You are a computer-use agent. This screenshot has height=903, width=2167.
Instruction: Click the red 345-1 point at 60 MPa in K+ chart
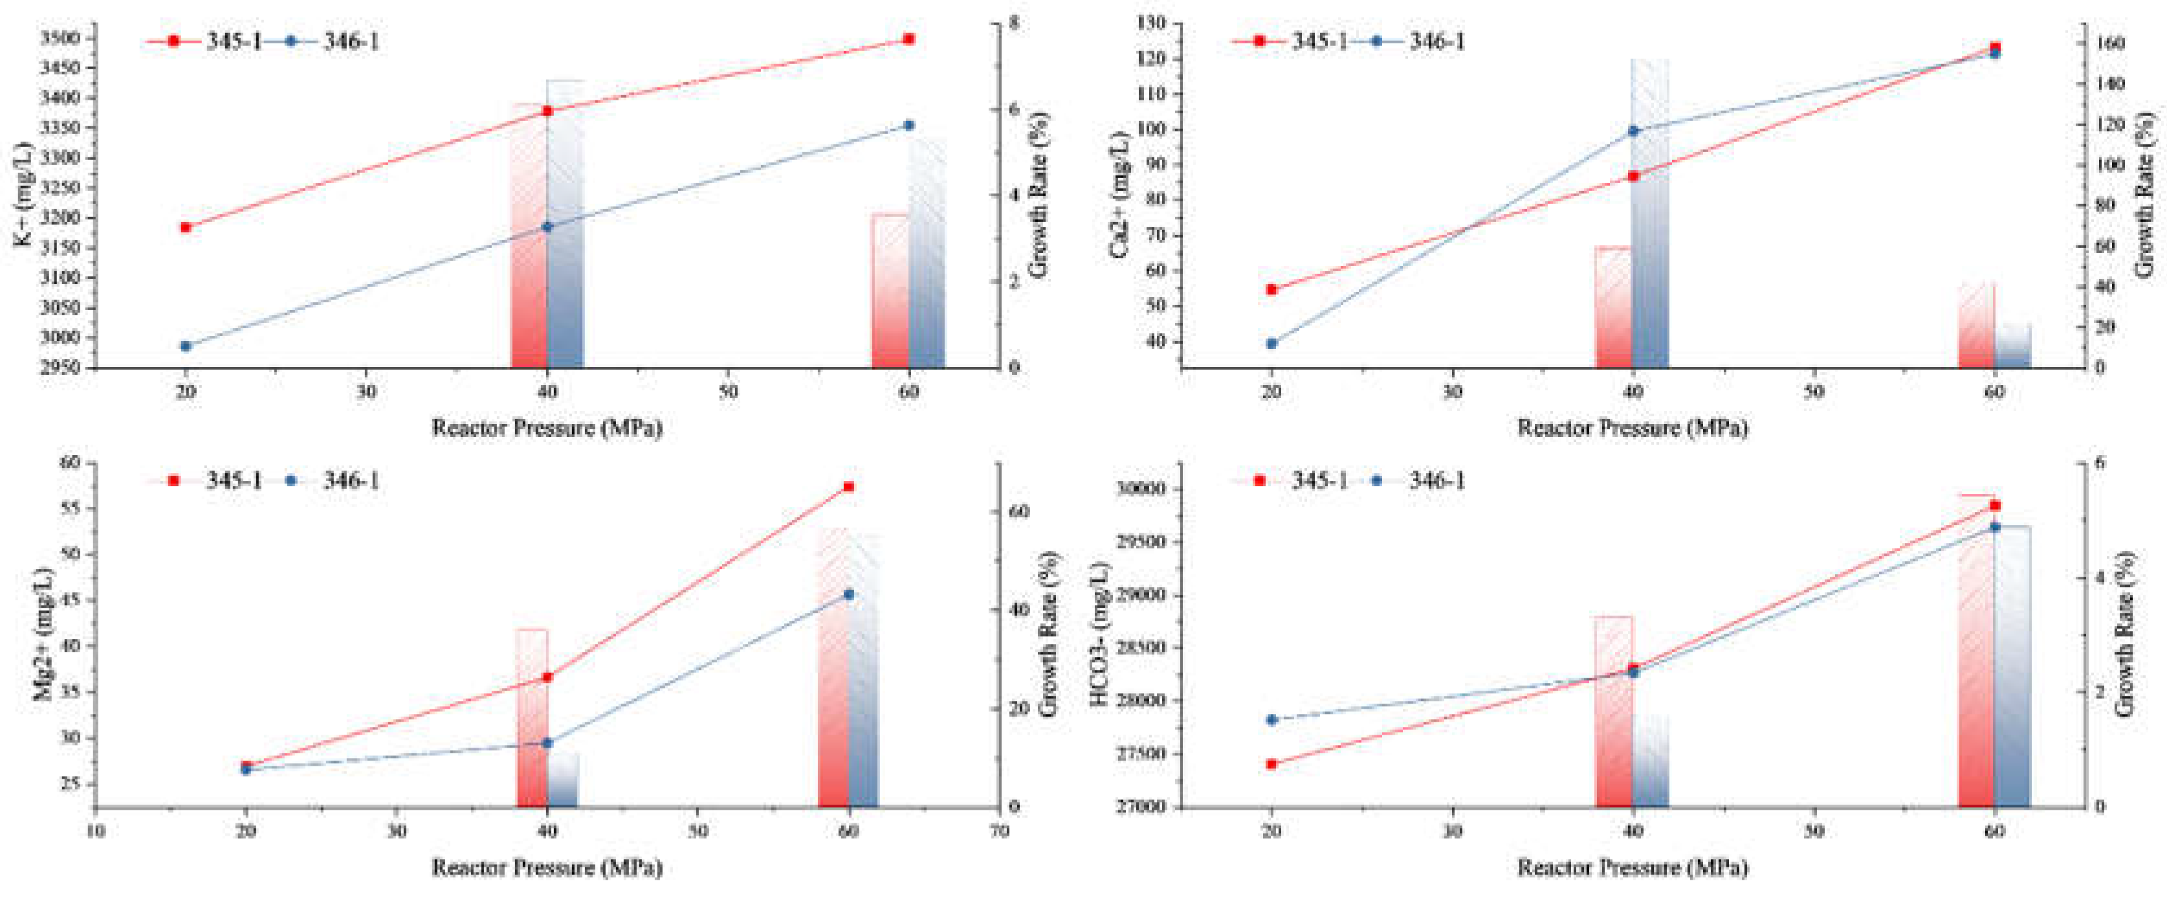[908, 39]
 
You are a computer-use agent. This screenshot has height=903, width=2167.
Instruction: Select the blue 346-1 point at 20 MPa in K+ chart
[186, 346]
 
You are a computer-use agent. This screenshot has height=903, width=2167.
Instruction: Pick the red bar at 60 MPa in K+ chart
[890, 295]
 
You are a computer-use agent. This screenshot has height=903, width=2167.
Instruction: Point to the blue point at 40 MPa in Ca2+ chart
[1633, 131]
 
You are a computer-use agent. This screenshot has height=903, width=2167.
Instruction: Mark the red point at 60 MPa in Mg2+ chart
[849, 486]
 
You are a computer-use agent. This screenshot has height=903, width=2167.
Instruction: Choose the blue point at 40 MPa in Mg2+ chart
[547, 743]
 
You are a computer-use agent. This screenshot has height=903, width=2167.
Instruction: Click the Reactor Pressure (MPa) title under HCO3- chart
[1632, 867]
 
